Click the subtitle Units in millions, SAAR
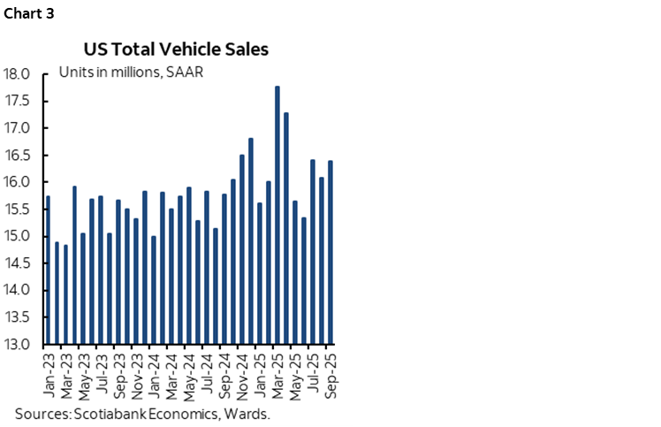(131, 72)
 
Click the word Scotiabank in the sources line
(103, 413)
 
